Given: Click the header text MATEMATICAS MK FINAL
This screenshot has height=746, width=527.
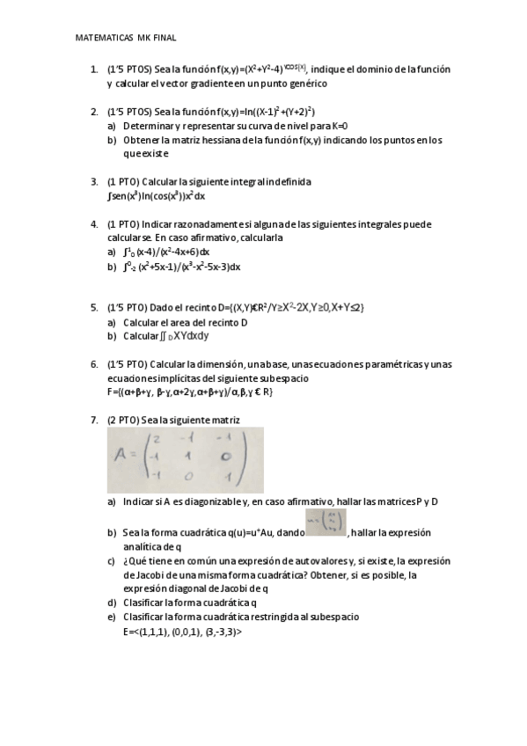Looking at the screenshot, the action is (127, 39).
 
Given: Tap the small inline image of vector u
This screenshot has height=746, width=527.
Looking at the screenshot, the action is (326, 522).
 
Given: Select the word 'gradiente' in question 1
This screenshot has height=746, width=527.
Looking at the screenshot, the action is (255, 84).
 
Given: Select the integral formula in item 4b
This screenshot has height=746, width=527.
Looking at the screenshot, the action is (181, 267).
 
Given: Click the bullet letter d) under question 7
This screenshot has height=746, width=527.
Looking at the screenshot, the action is (112, 603).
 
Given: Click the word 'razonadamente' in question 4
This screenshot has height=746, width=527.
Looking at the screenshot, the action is (207, 224).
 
